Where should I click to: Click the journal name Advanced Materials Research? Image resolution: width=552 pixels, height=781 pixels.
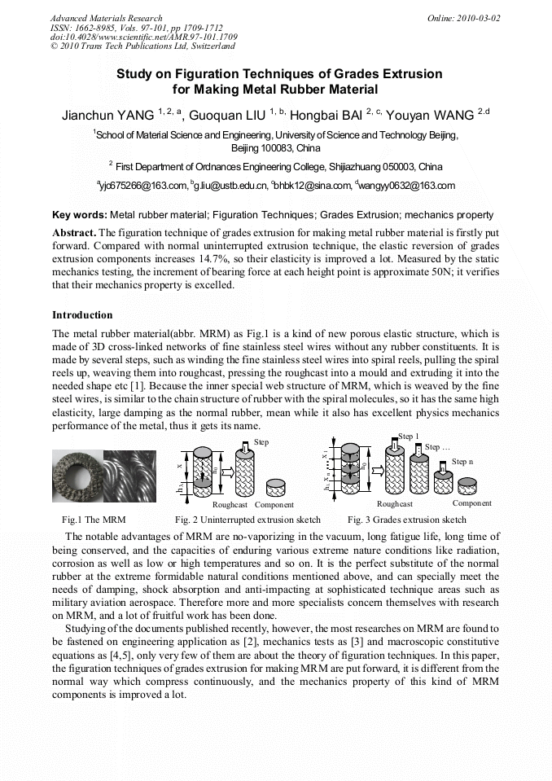pyautogui.click(x=106, y=18)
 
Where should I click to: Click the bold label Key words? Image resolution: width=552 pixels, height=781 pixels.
pyautogui.click(x=80, y=215)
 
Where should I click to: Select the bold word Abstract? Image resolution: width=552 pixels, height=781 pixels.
pyautogui.click(x=74, y=232)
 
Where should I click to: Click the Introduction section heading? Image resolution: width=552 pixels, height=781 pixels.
pyautogui.click(x=82, y=315)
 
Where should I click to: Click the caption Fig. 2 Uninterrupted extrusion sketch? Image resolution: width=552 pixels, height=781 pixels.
pyautogui.click(x=248, y=520)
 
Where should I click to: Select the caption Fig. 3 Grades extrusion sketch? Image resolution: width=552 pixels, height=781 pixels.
pyautogui.click(x=406, y=520)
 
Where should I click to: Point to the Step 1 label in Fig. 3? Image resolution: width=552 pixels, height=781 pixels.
pyautogui.click(x=409, y=437)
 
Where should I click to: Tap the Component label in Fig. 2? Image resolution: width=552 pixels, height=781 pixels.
pyautogui.click(x=274, y=505)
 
